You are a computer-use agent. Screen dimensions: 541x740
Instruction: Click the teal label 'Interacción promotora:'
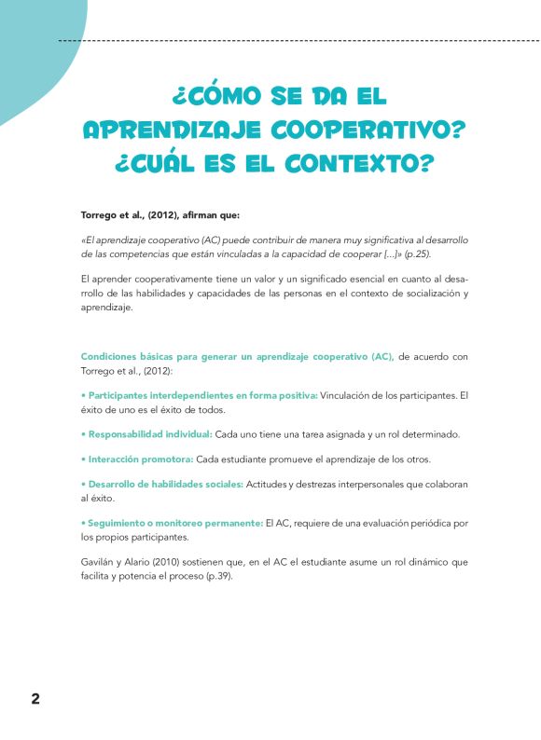coord(138,459)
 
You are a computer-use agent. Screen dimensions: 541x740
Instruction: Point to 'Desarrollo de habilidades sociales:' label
coord(162,484)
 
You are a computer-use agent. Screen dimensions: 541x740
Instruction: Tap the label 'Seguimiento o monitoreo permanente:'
coord(172,524)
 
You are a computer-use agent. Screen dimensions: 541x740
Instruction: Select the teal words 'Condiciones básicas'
coord(128,356)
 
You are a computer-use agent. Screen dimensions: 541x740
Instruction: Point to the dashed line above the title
coord(280,41)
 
